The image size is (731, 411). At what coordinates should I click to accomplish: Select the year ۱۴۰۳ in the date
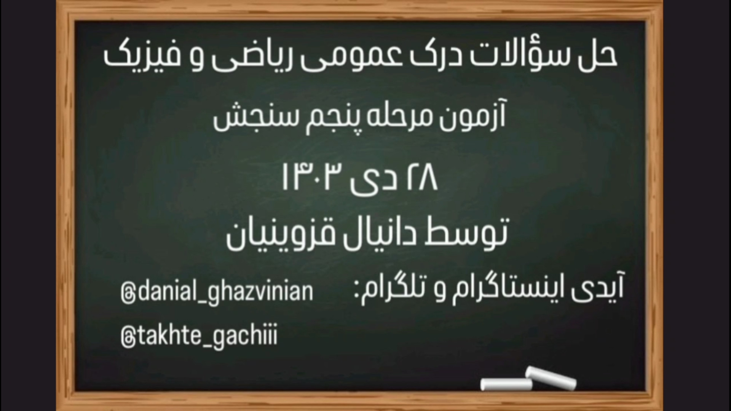312,178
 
